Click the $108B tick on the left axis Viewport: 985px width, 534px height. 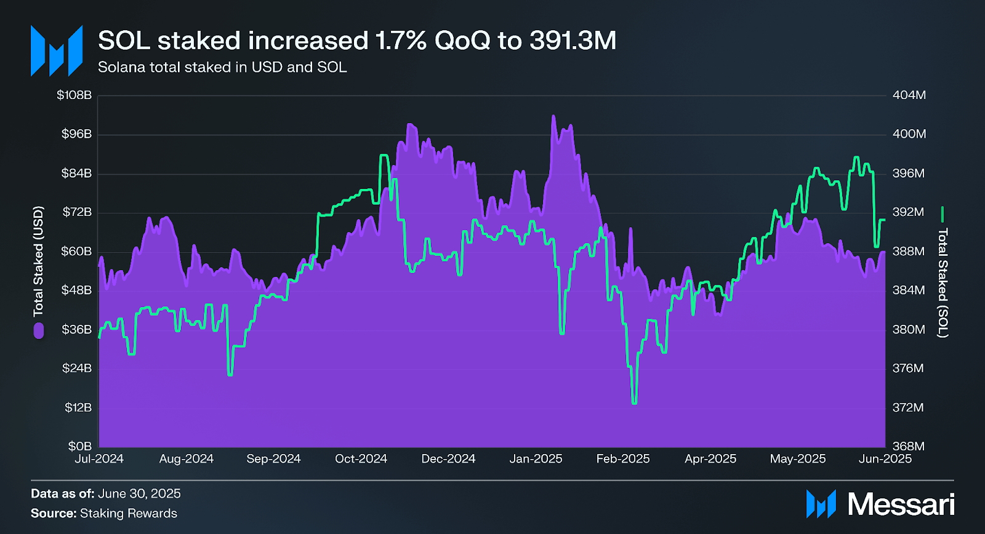click(x=74, y=95)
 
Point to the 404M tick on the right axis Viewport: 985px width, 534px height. click(x=909, y=95)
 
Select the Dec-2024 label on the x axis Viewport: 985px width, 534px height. click(x=448, y=459)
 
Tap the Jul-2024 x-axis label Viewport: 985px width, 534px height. click(x=99, y=459)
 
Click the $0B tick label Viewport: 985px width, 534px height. click(x=79, y=446)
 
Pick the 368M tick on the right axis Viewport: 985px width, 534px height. click(x=909, y=446)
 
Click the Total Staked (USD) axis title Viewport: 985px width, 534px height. click(x=38, y=261)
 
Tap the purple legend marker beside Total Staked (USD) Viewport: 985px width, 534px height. click(x=39, y=331)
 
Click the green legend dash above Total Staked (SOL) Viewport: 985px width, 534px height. click(x=942, y=215)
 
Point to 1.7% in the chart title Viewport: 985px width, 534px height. click(x=401, y=41)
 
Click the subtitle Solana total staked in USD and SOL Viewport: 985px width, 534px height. click(x=222, y=67)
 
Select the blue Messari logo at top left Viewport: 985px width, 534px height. click(x=57, y=51)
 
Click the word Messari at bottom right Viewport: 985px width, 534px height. click(x=901, y=504)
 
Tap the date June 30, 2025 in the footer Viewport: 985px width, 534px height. click(x=139, y=493)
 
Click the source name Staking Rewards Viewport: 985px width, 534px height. click(x=129, y=513)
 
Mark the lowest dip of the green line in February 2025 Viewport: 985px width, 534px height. click(x=634, y=403)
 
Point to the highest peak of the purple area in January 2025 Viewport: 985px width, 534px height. click(x=553, y=116)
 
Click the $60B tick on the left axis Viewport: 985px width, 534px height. click(x=76, y=251)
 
